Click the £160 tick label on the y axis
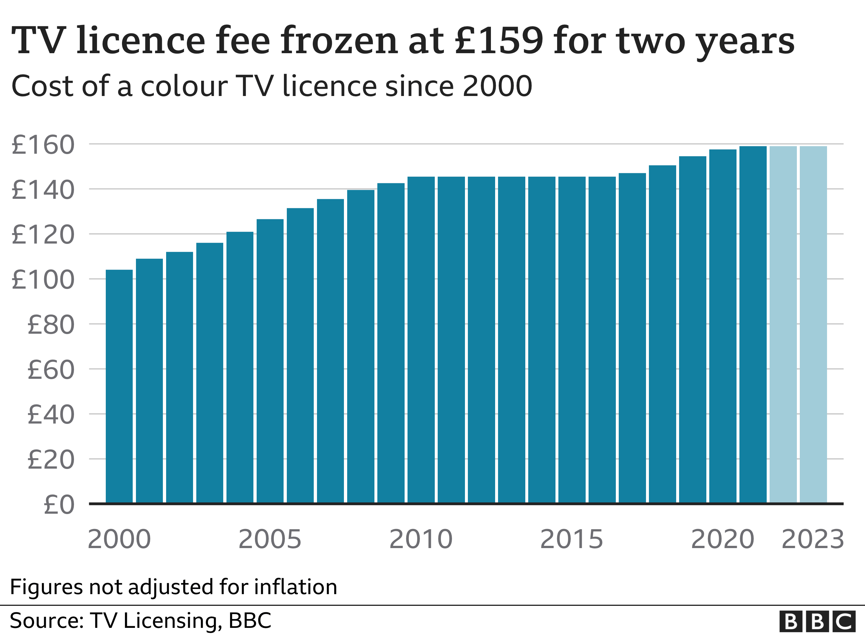(43, 145)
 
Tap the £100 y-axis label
(43, 280)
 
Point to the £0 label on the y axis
(59, 505)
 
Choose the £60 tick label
(51, 370)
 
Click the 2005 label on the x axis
(270, 539)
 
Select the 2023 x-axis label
(813, 539)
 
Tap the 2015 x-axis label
(572, 539)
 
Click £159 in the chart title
(499, 40)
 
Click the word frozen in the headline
(339, 40)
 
